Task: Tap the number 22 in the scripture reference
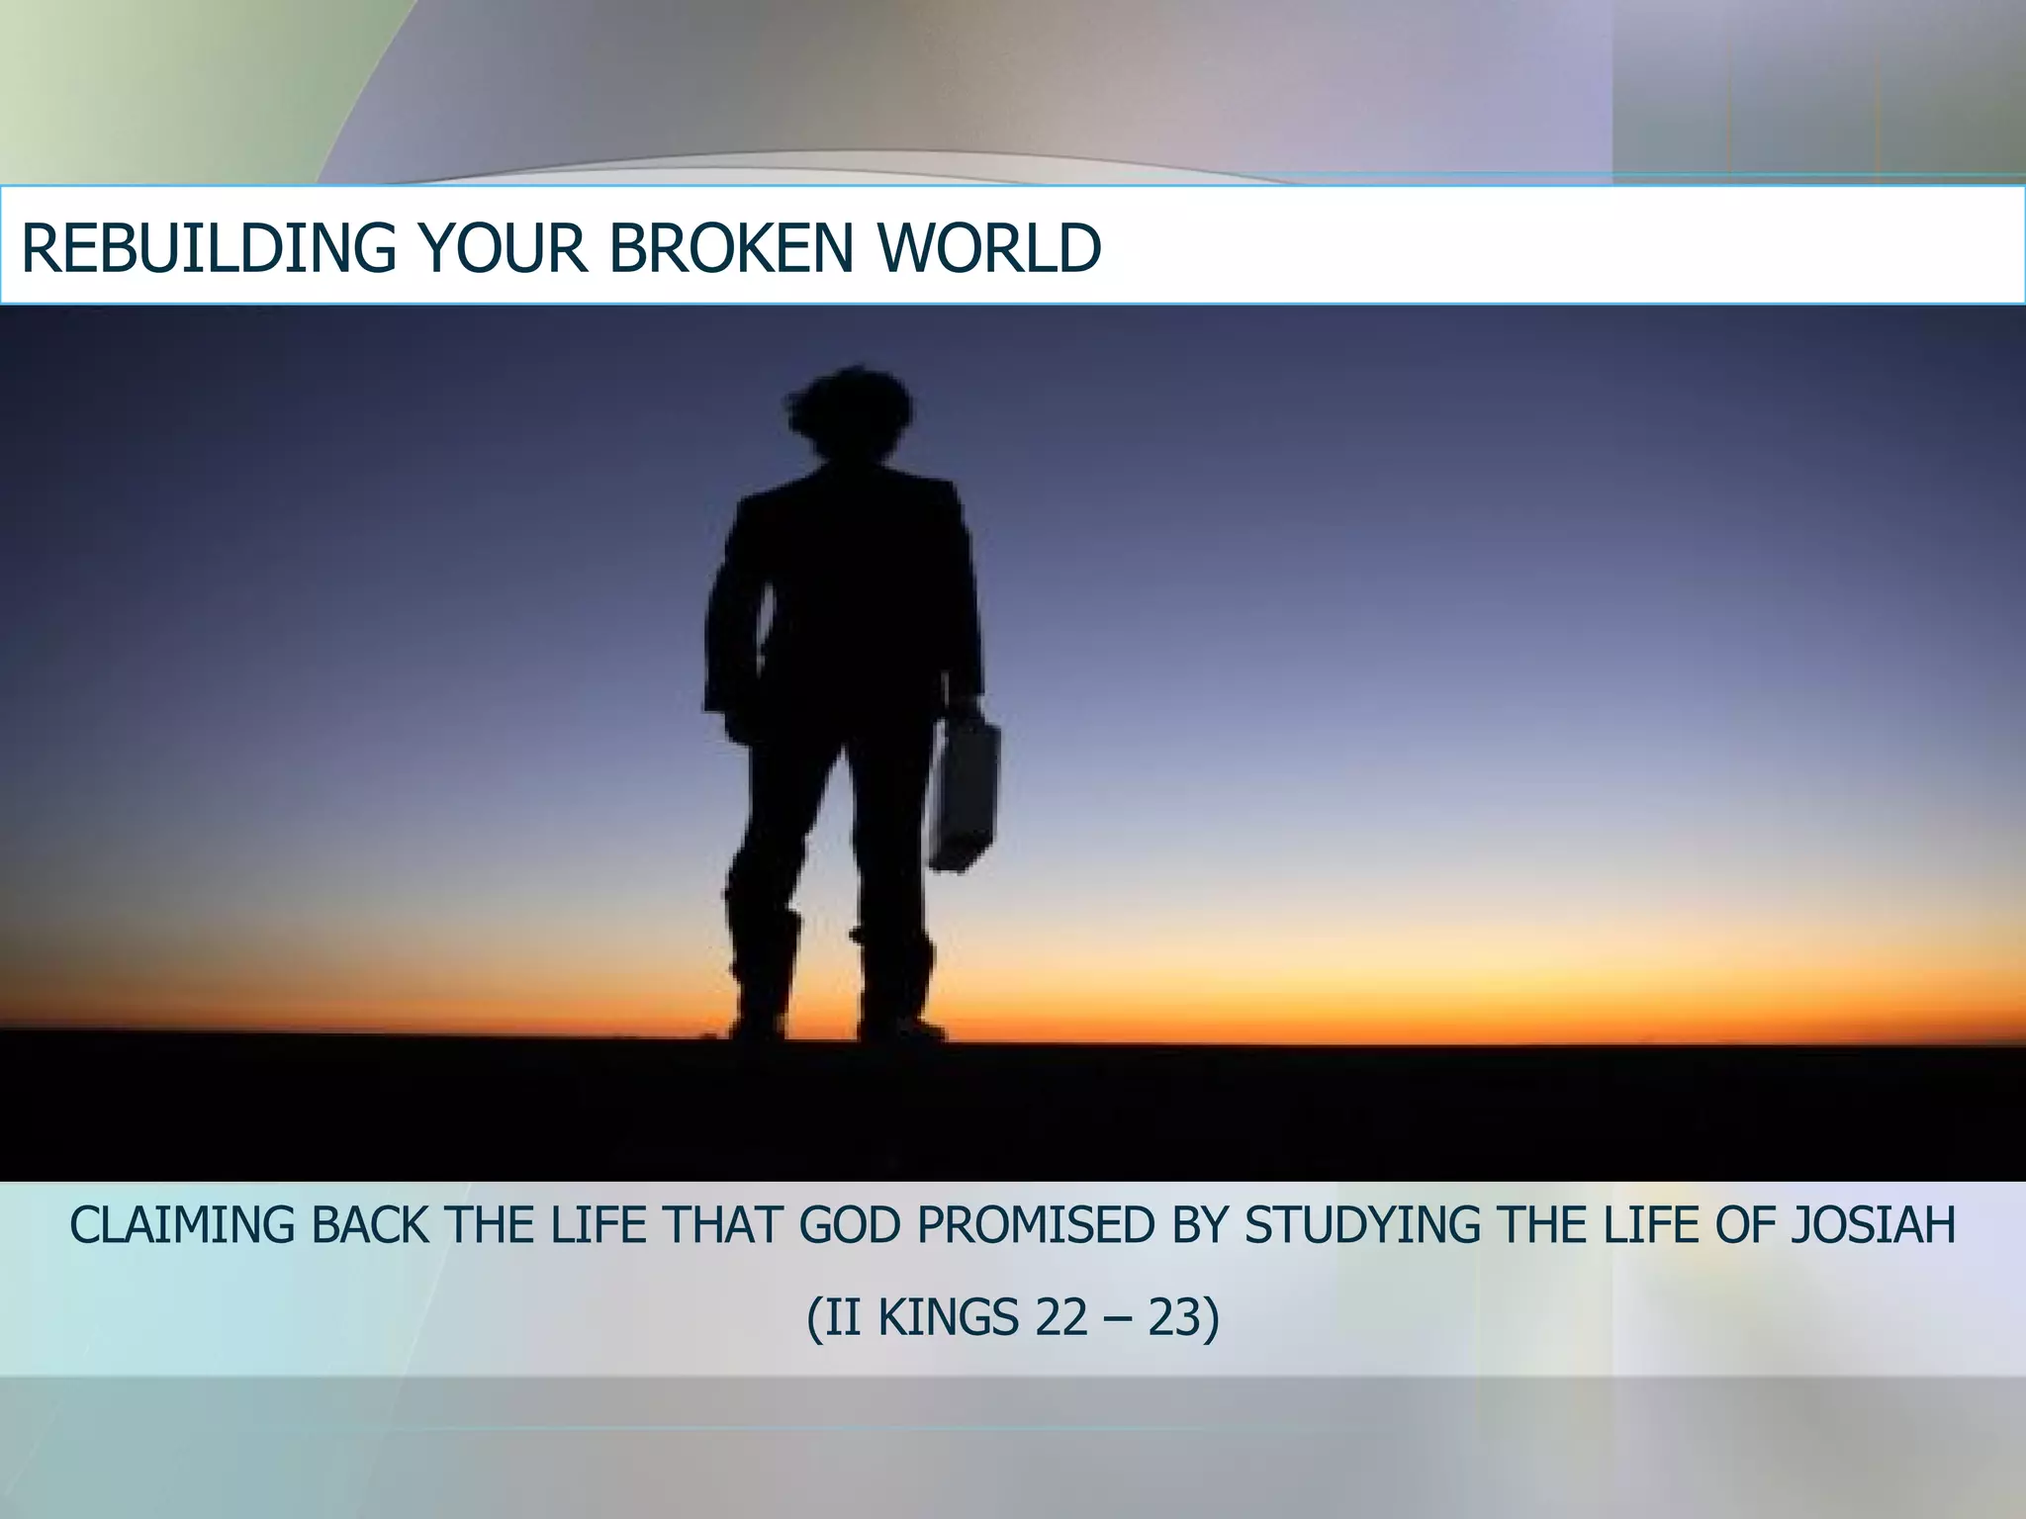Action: click(1060, 1317)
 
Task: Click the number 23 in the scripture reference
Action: click(1173, 1317)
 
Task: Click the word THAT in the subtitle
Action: click(726, 1226)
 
